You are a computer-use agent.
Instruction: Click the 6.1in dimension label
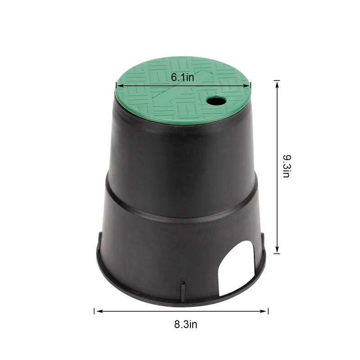(x=182, y=77)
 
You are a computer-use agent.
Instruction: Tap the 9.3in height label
(x=287, y=166)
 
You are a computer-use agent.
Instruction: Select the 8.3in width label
(x=185, y=324)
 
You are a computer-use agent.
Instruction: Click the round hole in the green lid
(x=216, y=100)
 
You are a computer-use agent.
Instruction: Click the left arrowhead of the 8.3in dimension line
(x=99, y=311)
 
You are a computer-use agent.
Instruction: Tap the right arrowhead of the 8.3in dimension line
(x=263, y=311)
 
